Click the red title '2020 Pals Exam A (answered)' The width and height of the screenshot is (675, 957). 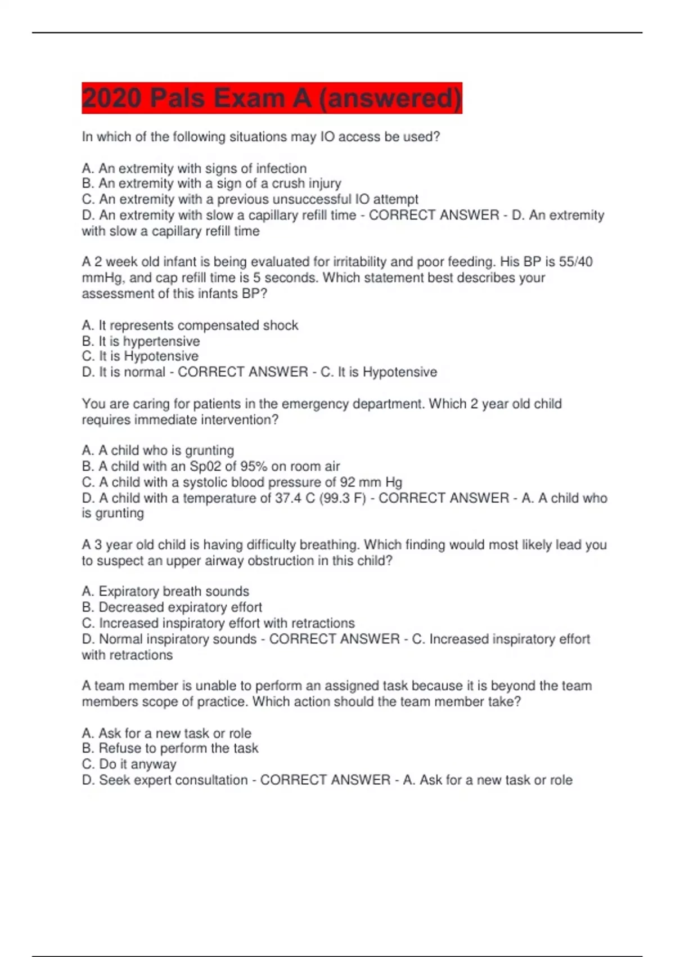[x=272, y=98]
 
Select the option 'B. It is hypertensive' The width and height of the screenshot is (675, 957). [x=141, y=341]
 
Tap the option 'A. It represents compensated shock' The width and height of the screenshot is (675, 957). [x=190, y=325]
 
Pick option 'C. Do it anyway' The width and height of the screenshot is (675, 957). [x=129, y=764]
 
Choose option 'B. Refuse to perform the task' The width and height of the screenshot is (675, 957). [x=170, y=748]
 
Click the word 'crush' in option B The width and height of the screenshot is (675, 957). [x=288, y=184]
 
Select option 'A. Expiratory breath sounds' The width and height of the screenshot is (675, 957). [x=165, y=591]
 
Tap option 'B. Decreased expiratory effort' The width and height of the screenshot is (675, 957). [x=172, y=607]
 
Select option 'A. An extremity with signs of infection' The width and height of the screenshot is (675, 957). [x=194, y=168]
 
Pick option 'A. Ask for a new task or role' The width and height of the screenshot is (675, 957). [x=166, y=733]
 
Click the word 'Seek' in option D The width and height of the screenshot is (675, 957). [x=112, y=780]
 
